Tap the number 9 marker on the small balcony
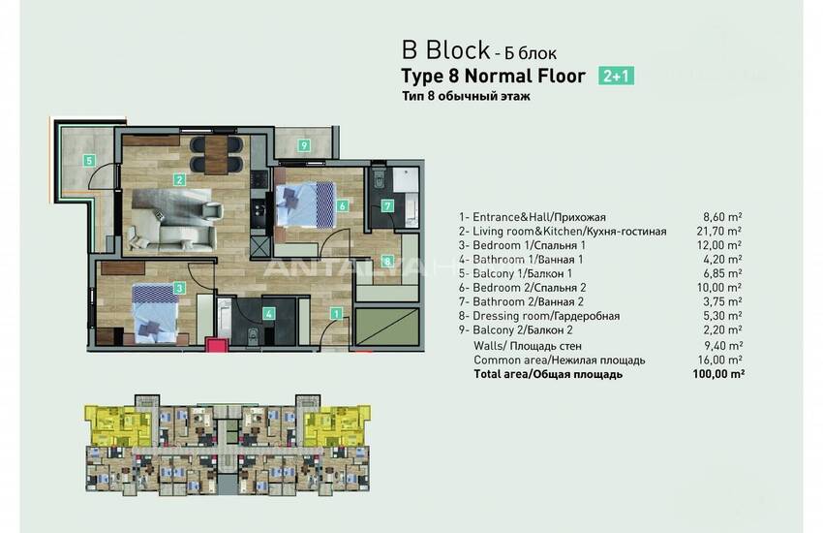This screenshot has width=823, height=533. (303, 145)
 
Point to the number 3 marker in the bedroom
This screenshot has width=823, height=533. (179, 287)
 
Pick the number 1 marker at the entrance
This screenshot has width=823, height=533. (336, 312)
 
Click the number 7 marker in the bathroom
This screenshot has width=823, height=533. (386, 205)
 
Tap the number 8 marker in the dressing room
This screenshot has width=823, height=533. (386, 261)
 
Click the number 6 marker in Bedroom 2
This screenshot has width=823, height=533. (342, 204)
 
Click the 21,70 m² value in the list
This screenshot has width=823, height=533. (721, 232)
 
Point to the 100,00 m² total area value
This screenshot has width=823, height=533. (721, 373)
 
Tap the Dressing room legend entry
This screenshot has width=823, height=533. (543, 315)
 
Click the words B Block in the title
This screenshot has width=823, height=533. (445, 49)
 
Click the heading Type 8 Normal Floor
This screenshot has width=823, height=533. (493, 76)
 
